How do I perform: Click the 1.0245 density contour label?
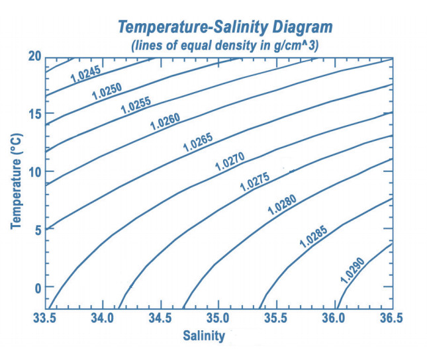click(84, 73)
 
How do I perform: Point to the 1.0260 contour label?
click(165, 120)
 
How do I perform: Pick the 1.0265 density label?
click(198, 142)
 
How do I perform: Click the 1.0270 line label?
click(230, 161)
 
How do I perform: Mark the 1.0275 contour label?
click(255, 181)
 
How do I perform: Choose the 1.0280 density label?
click(282, 204)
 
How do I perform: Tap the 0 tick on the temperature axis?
click(37, 288)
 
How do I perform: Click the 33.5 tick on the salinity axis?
click(44, 319)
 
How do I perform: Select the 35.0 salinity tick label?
click(218, 319)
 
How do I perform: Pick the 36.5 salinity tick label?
click(391, 319)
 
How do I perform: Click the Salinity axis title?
click(204, 336)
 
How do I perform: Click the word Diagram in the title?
click(296, 27)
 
